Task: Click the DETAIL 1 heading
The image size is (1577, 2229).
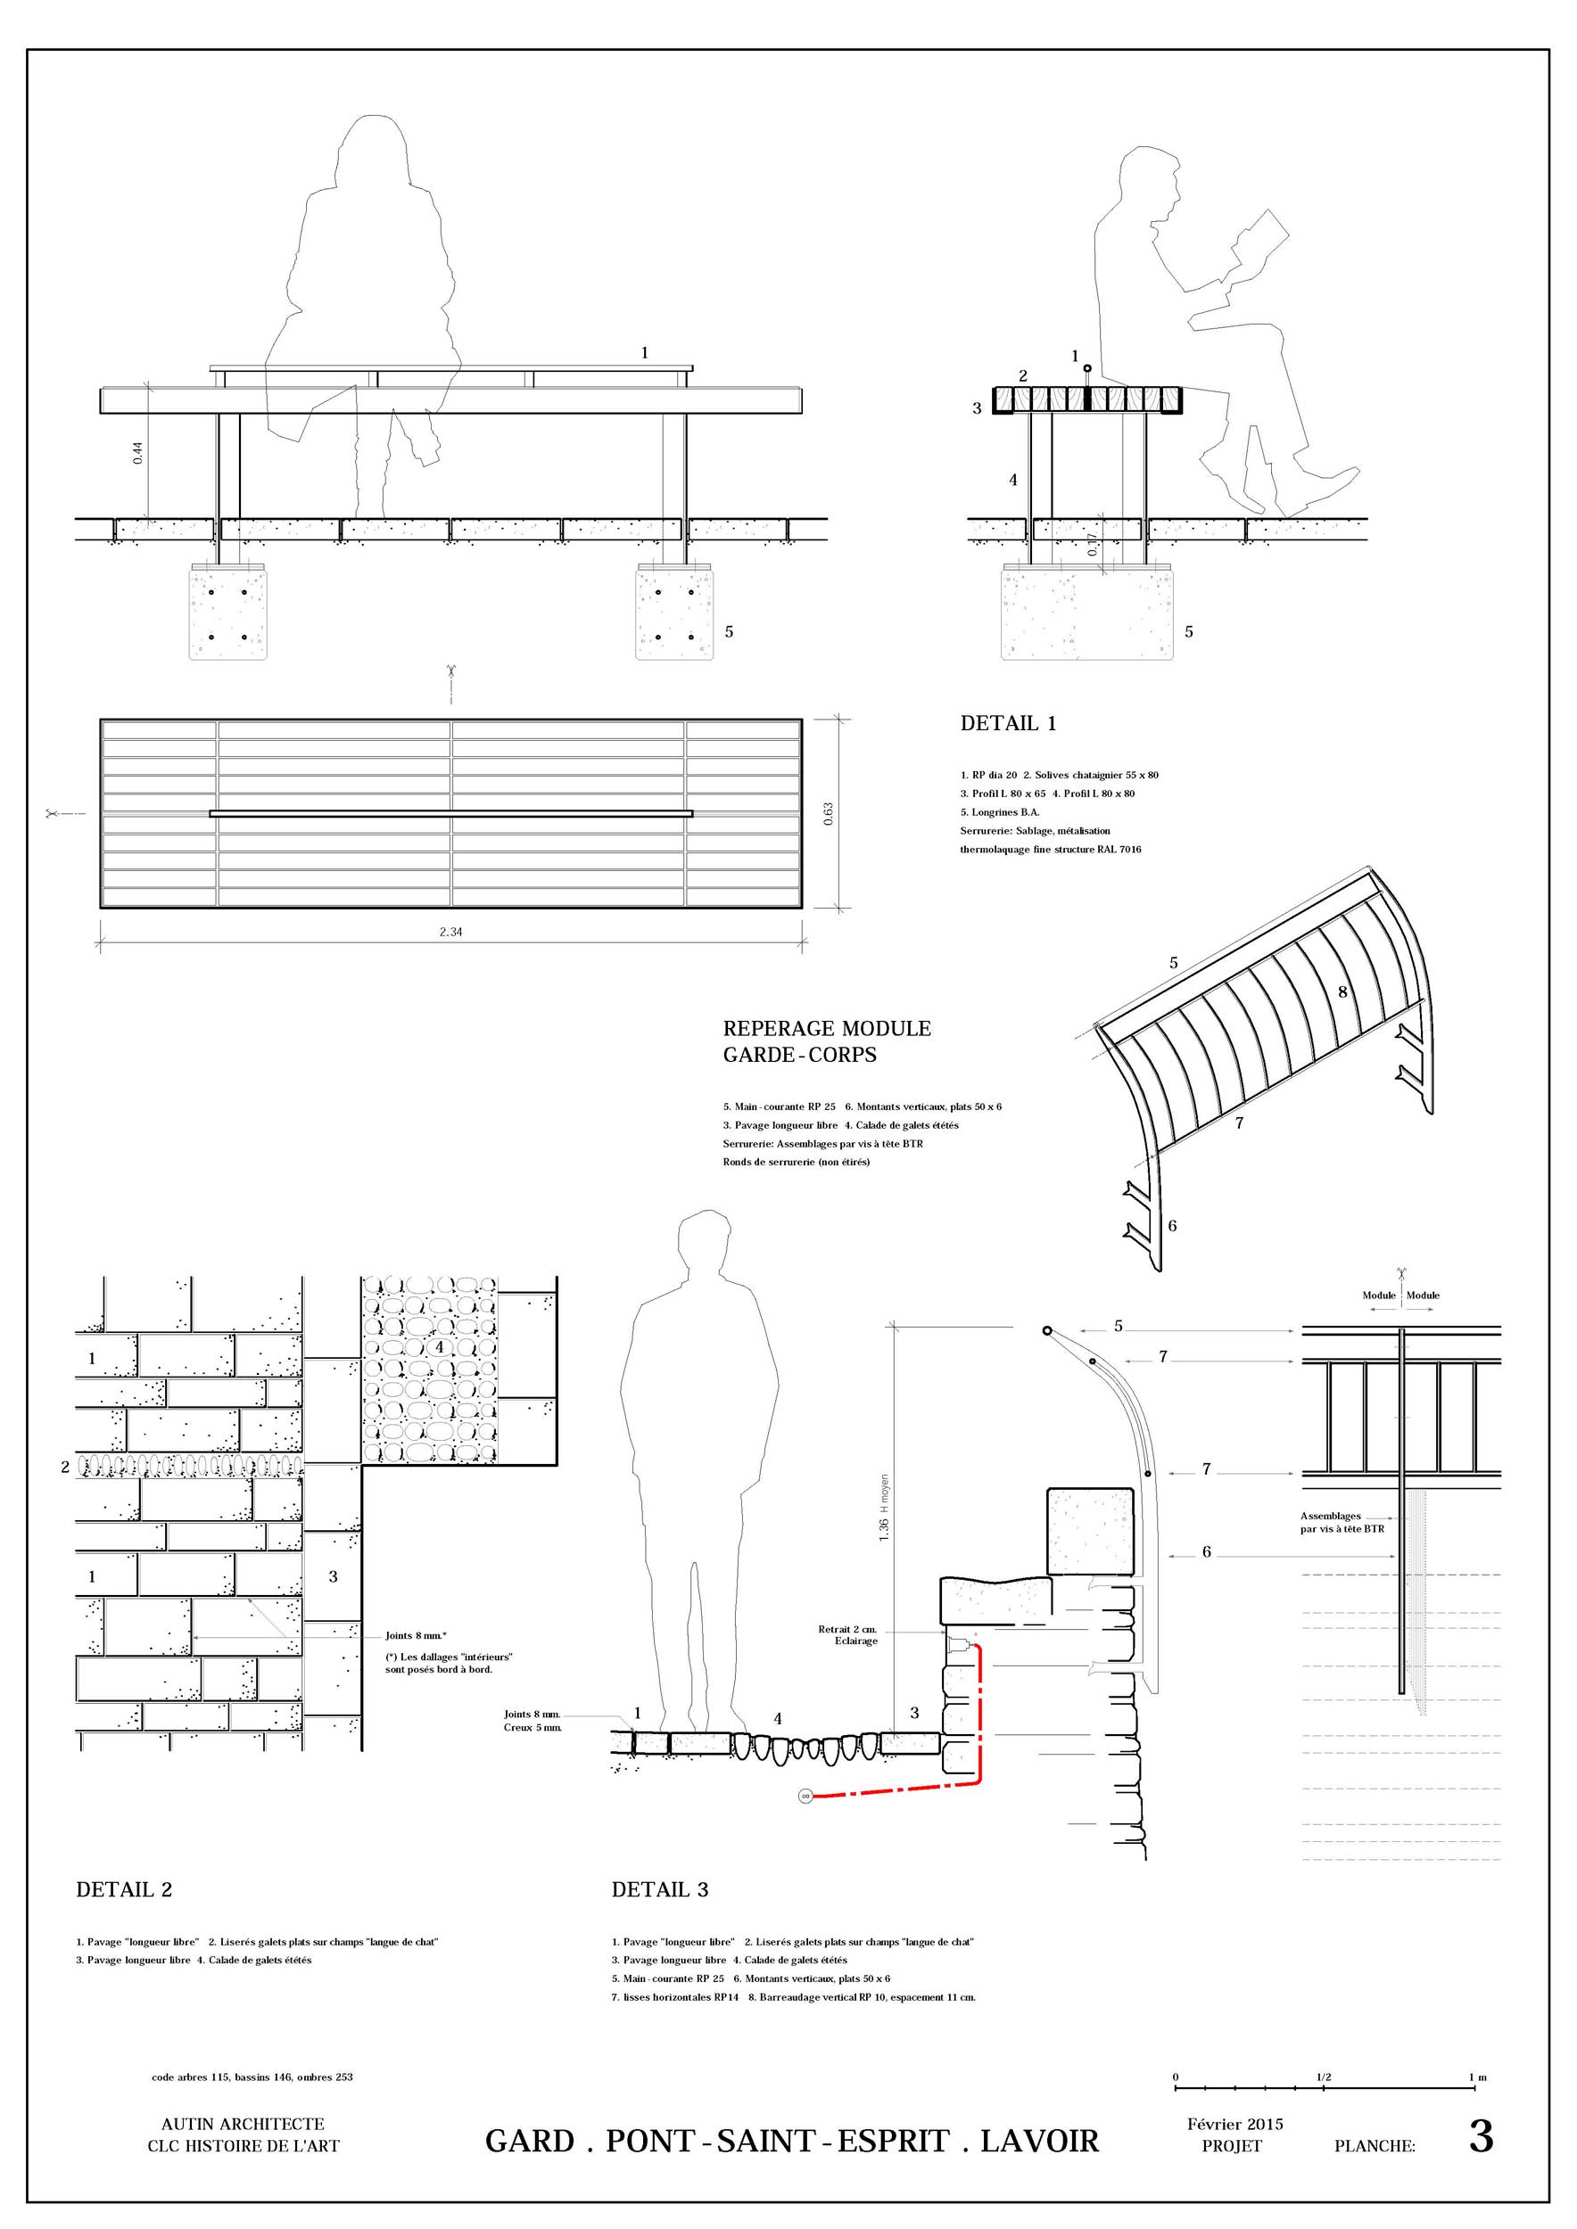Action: (x=1008, y=723)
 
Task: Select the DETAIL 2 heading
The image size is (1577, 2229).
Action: (x=124, y=1890)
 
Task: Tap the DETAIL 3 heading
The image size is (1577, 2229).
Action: (x=659, y=1890)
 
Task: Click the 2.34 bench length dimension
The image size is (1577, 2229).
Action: (x=450, y=932)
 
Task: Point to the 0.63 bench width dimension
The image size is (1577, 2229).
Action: (x=829, y=813)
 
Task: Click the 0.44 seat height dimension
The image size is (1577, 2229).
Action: (x=138, y=452)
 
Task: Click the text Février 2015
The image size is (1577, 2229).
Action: (x=1234, y=2124)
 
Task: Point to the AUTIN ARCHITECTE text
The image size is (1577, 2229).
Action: (x=243, y=2124)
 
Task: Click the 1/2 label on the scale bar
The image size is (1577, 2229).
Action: (x=1324, y=2077)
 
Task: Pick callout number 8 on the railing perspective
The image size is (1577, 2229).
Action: (x=1343, y=992)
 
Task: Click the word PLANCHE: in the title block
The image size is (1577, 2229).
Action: (x=1374, y=2146)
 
